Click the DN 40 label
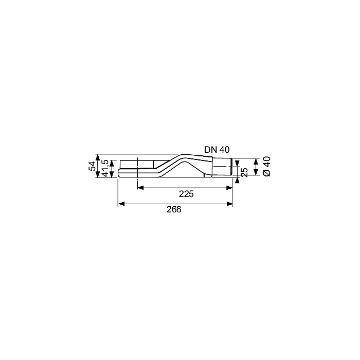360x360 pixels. [x=217, y=150]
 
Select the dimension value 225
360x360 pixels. [x=186, y=194]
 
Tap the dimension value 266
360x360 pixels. [x=174, y=209]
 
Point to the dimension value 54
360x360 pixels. [x=92, y=166]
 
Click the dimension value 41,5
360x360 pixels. [x=105, y=168]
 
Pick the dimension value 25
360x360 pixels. [x=245, y=172]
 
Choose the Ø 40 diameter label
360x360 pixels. [x=267, y=167]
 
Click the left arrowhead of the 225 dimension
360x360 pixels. [x=140, y=188]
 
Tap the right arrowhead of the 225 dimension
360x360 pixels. [x=229, y=188]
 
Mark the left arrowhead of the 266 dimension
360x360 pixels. [x=121, y=204]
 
